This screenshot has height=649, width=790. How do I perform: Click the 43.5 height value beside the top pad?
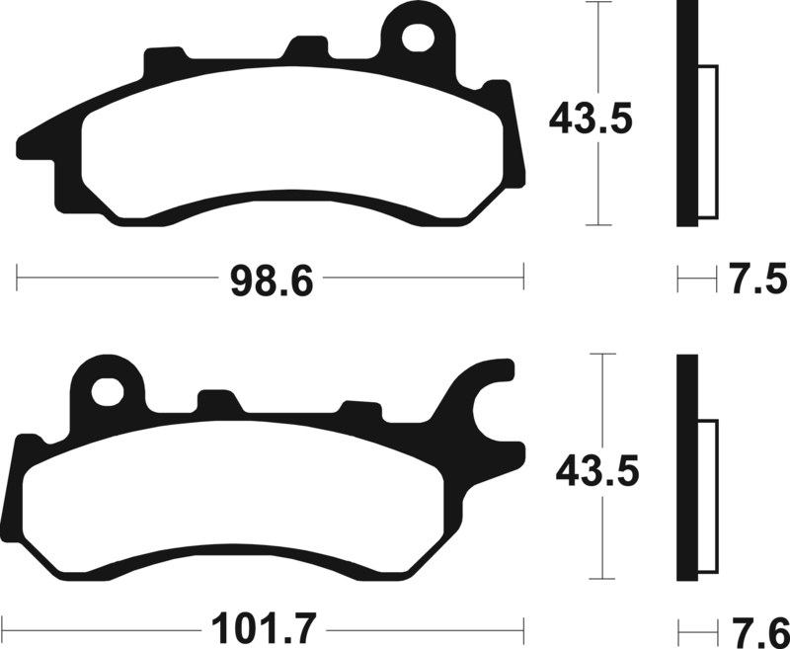[590, 121]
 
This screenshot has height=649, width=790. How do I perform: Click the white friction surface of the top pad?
[296, 148]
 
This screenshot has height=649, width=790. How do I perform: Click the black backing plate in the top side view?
[687, 114]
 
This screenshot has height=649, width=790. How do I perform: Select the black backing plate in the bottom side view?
[687, 469]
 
